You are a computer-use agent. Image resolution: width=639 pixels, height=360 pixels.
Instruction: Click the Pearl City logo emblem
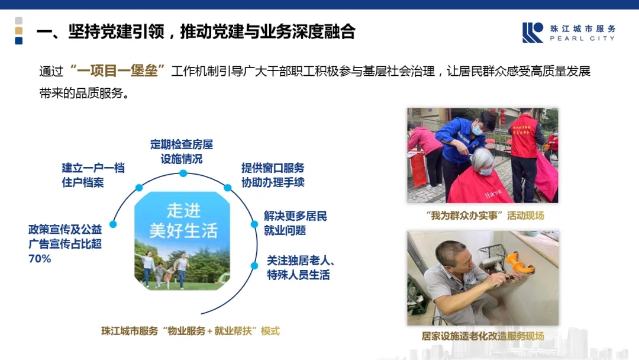tap(532, 33)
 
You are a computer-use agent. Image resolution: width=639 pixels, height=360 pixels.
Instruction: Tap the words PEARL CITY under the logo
tap(582, 38)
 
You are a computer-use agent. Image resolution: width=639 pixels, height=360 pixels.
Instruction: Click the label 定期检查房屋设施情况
tap(182, 152)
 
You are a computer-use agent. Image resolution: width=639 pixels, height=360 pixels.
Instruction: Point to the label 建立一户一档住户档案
tap(93, 175)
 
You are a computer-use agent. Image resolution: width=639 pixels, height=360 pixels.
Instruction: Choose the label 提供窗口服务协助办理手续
tap(273, 175)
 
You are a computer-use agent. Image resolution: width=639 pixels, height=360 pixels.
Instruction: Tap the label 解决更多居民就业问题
tap(295, 223)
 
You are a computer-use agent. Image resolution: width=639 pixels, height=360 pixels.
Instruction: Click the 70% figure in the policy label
tap(40, 259)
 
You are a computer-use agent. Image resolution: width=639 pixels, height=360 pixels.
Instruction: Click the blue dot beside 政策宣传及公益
tap(113, 224)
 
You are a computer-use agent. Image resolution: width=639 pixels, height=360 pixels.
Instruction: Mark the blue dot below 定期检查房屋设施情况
tap(183, 173)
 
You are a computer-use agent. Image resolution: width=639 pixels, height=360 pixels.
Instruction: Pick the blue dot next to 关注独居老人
tap(254, 265)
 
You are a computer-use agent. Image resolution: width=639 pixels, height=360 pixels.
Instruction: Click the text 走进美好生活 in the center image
tap(183, 220)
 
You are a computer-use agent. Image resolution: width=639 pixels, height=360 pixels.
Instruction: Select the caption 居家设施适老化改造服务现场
tap(482, 336)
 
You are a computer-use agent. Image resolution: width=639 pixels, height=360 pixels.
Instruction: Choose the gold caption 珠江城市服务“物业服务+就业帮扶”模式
tap(191, 331)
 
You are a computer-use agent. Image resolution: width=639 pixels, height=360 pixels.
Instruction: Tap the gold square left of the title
tap(18, 31)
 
